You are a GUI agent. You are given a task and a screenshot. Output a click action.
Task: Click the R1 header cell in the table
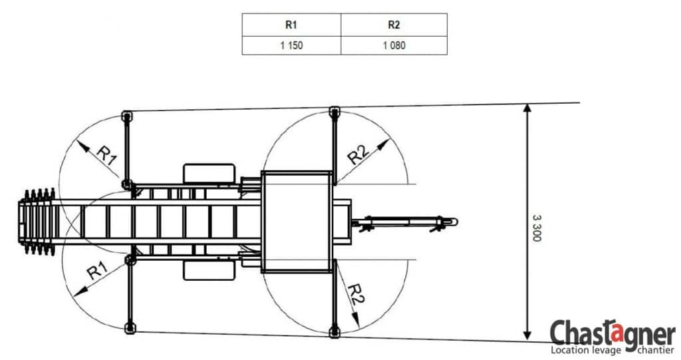(x=291, y=25)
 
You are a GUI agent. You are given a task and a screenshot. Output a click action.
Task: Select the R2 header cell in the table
(x=394, y=25)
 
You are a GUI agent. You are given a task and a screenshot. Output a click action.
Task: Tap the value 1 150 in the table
(x=291, y=45)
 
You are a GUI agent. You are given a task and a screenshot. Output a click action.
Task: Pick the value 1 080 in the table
(x=394, y=45)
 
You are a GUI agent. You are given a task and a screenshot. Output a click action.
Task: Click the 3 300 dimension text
(x=537, y=228)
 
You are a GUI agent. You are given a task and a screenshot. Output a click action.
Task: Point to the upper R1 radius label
(x=107, y=155)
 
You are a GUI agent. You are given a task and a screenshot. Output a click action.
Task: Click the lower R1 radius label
(x=97, y=270)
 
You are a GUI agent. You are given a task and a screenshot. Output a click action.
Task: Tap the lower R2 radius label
(x=356, y=293)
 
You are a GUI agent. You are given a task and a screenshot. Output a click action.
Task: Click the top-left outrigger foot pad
(x=126, y=116)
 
